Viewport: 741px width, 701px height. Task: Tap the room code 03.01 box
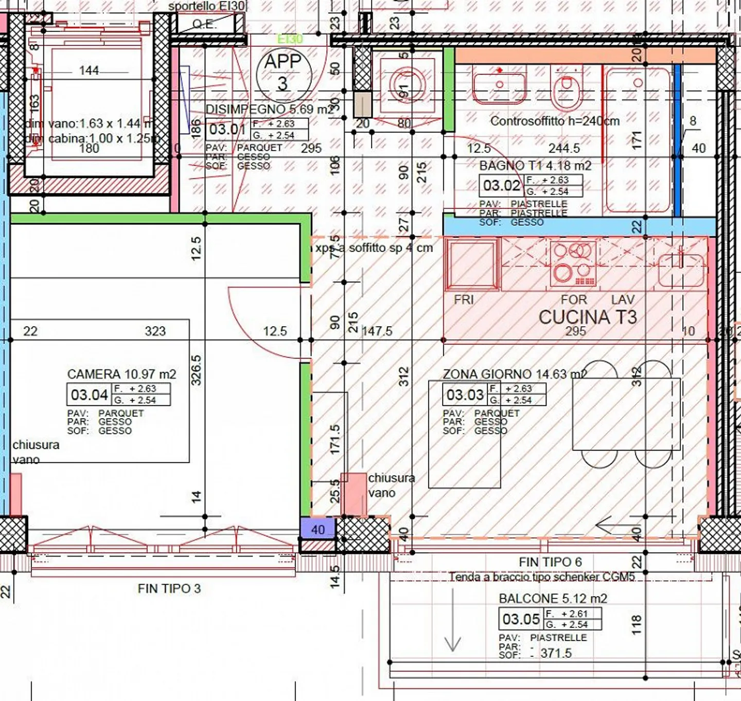pyautogui.click(x=227, y=130)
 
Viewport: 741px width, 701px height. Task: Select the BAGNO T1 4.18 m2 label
pyautogui.click(x=535, y=166)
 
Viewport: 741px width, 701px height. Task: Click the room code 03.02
pyautogui.click(x=501, y=185)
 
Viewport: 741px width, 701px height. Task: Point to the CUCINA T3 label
pyautogui.click(x=588, y=317)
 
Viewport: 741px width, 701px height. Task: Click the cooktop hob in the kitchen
pyautogui.click(x=573, y=264)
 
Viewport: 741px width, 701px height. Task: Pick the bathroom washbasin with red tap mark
pyautogui.click(x=499, y=86)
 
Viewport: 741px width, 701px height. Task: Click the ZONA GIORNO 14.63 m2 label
pyautogui.click(x=515, y=374)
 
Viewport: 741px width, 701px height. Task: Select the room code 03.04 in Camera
pyautogui.click(x=89, y=395)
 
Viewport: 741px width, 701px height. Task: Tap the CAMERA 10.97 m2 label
pyautogui.click(x=121, y=374)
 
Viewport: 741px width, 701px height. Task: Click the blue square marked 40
pyautogui.click(x=317, y=529)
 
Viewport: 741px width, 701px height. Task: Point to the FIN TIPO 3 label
pyautogui.click(x=169, y=588)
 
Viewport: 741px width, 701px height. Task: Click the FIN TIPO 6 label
pyautogui.click(x=550, y=562)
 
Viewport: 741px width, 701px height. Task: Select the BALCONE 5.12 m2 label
pyautogui.click(x=553, y=599)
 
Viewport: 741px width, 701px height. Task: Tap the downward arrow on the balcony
pyautogui.click(x=452, y=621)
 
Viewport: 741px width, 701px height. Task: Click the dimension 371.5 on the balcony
pyautogui.click(x=556, y=653)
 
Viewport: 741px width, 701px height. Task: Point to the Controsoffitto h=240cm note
pyautogui.click(x=555, y=121)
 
